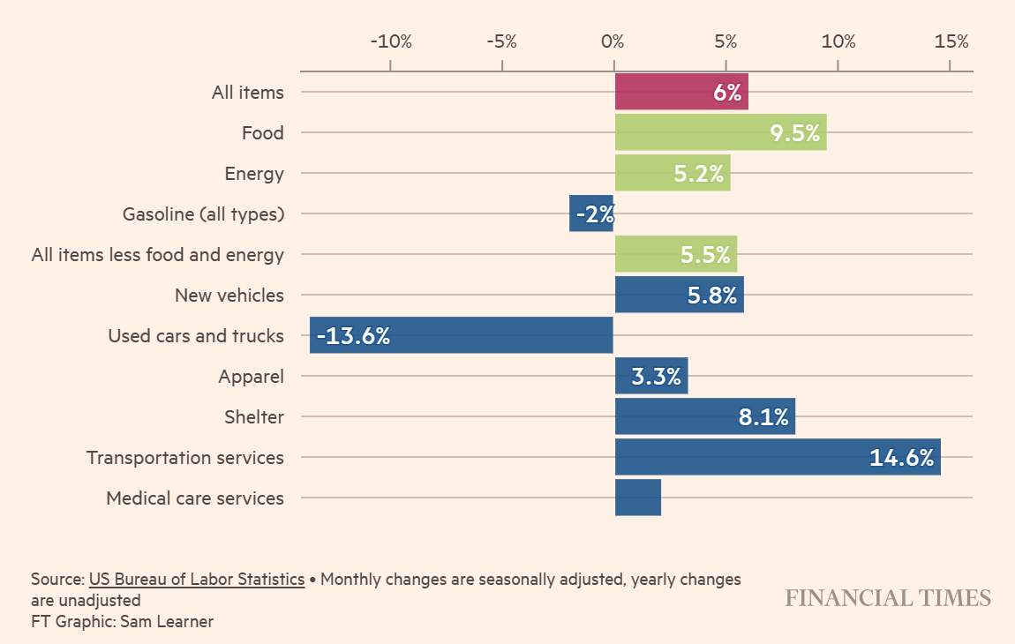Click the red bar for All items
[680, 92]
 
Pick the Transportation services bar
[777, 457]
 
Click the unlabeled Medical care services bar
[637, 498]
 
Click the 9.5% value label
[794, 133]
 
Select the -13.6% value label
[353, 336]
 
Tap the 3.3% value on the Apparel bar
[656, 377]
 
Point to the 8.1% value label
[763, 417]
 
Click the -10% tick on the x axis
[390, 41]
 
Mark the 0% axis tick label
[613, 41]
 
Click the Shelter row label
[254, 417]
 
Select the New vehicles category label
[229, 296]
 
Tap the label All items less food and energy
[157, 255]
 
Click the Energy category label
[254, 174]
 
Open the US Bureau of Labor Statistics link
[196, 580]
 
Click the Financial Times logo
[888, 598]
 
